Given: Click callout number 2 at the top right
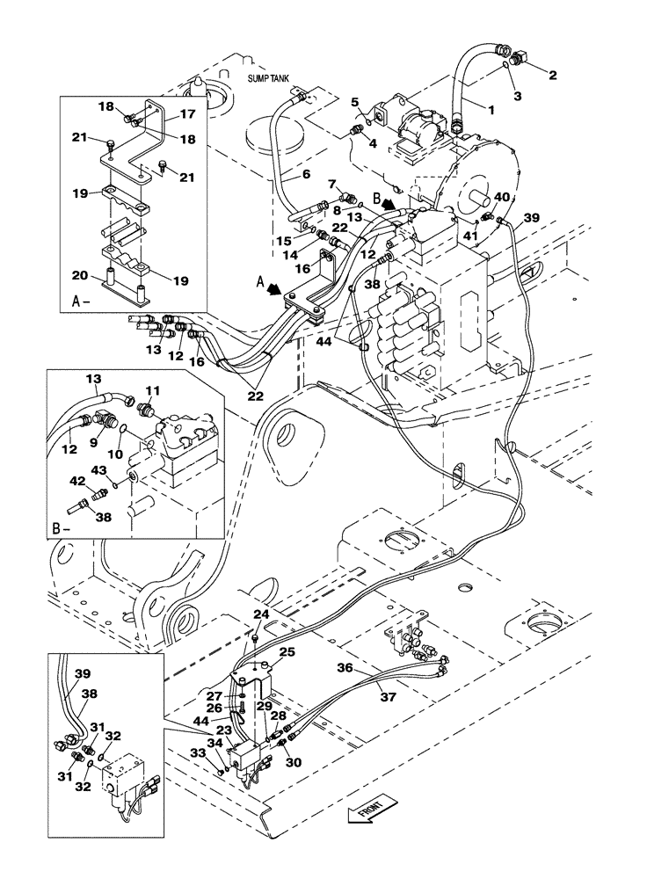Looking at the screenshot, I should tap(552, 76).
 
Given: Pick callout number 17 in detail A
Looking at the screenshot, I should tap(187, 113).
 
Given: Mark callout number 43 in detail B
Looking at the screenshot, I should tap(102, 472).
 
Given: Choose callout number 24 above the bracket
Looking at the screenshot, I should tap(261, 614).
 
